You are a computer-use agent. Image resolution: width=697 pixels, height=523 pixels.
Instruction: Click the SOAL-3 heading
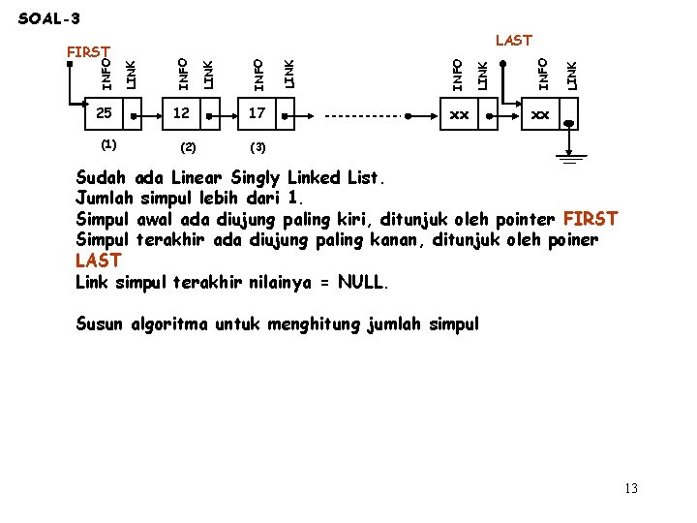tap(49, 18)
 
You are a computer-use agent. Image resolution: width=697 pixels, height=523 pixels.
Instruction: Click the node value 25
tap(104, 114)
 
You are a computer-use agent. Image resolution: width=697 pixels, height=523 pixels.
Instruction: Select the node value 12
tap(181, 114)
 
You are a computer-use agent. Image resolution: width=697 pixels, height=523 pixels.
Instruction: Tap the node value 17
tap(257, 114)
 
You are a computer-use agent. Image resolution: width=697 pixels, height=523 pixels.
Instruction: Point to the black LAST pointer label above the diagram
tap(513, 40)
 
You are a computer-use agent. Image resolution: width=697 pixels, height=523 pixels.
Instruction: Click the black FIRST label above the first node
tap(87, 50)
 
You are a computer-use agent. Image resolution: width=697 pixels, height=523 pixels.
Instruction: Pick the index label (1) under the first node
tap(108, 144)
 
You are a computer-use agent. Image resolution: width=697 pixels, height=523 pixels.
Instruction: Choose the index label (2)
tap(188, 147)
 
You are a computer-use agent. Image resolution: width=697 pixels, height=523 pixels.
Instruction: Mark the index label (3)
tap(258, 147)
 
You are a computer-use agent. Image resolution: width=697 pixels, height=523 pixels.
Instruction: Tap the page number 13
tap(631, 488)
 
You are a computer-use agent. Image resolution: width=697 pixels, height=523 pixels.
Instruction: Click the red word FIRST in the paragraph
tap(590, 219)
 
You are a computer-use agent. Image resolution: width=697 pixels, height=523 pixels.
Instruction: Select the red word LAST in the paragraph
tap(98, 261)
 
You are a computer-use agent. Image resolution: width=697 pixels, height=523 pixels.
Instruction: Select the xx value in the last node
tap(539, 114)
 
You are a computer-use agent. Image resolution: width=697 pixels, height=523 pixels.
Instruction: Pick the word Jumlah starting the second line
tap(105, 198)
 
